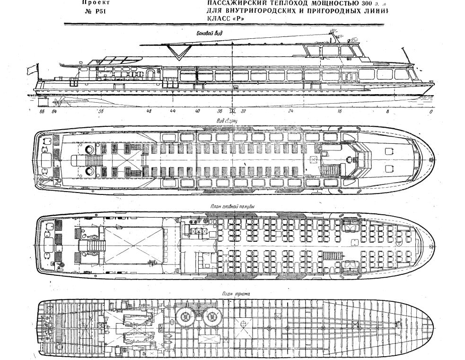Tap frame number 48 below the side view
149,111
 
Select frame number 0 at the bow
430,111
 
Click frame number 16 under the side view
339,111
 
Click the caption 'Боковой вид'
209,34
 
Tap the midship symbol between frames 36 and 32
232,111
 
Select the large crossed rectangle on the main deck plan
134,245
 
